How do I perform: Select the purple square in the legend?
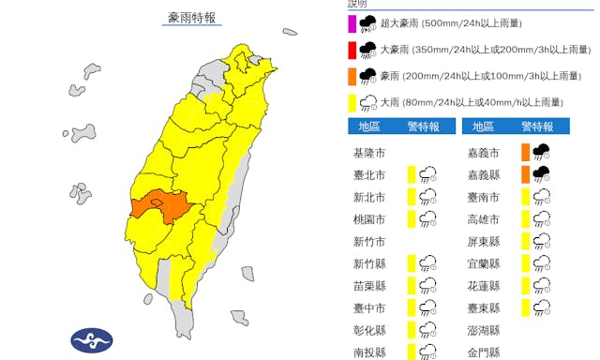coord(351,24)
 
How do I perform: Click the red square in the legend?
coord(351,50)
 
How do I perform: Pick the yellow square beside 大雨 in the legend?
coord(351,101)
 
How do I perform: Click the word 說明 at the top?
coord(357,5)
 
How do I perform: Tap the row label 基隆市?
coord(367,152)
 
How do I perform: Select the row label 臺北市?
coord(367,173)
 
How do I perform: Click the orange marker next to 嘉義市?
coord(525,151)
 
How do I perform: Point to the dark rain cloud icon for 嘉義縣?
coord(541,173)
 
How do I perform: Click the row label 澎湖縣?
coord(484,331)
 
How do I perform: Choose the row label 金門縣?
coord(484,352)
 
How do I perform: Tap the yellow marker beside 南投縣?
coord(411,352)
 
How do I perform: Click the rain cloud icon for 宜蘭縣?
coord(541,263)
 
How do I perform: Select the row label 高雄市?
coord(484,218)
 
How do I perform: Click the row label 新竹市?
coord(367,241)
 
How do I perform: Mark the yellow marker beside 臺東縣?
coord(525,307)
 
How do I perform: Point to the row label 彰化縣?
coord(367,331)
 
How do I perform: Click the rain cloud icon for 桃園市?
coord(428,218)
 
